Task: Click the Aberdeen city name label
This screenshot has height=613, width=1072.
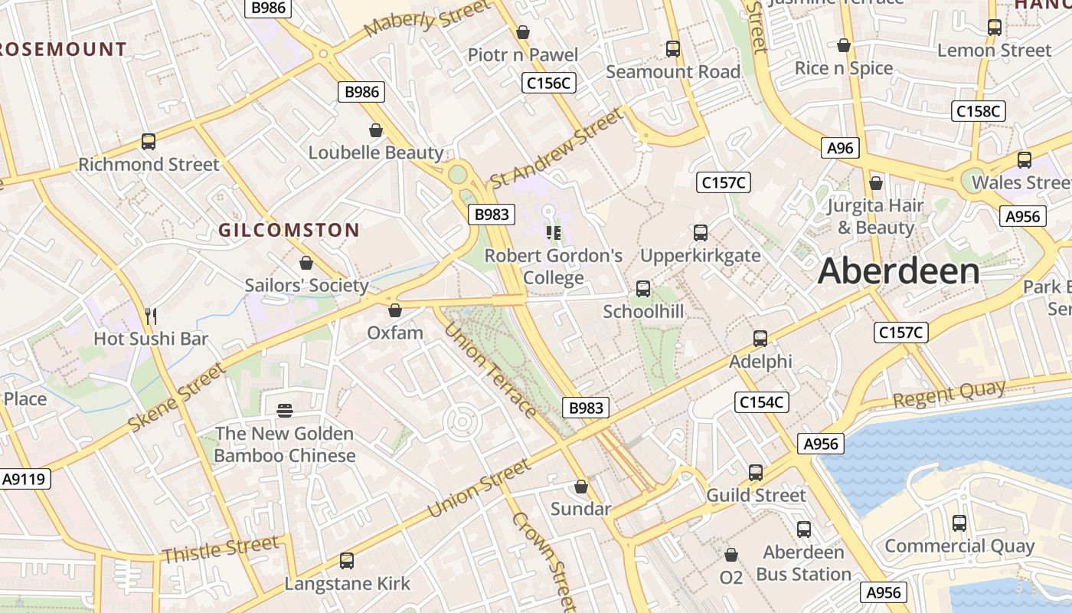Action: [898, 272]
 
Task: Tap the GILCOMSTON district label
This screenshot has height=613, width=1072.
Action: [289, 230]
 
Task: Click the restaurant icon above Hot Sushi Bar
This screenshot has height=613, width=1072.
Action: [151, 316]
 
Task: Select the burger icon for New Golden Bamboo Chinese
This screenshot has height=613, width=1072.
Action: [285, 411]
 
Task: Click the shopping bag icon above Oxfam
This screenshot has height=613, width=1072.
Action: [395, 310]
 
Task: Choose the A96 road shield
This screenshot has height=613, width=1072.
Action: [840, 148]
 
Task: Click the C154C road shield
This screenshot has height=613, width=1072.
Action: [762, 402]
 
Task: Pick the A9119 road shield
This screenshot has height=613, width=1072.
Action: [25, 480]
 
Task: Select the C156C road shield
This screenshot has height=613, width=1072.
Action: [548, 83]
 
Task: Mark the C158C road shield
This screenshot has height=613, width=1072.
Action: [978, 111]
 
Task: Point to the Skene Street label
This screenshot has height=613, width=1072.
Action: [177, 397]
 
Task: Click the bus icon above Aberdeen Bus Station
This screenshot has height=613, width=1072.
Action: [803, 529]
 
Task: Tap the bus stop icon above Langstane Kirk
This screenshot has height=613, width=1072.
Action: [347, 561]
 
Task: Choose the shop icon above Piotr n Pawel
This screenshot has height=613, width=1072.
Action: [523, 32]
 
